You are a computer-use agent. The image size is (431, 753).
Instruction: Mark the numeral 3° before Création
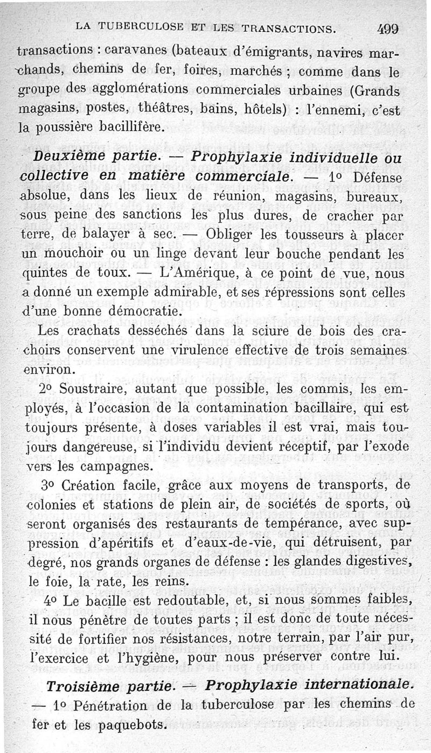point(47,485)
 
